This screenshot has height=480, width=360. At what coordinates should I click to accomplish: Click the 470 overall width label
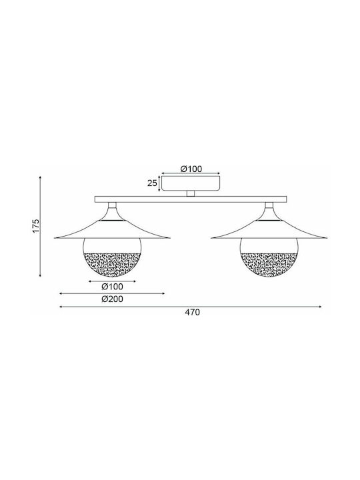coord(192,312)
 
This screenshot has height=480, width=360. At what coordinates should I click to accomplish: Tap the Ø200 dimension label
coord(113,299)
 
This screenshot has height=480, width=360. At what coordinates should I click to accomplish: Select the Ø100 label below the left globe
coord(113,287)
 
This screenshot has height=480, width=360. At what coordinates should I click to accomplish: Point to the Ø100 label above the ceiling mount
coord(191,169)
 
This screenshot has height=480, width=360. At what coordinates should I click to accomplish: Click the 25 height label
coord(152,183)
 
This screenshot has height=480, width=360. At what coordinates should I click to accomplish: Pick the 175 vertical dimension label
coord(36,225)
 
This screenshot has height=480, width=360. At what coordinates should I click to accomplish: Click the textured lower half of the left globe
coord(112,264)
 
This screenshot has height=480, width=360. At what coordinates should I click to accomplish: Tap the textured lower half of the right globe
coord(269,264)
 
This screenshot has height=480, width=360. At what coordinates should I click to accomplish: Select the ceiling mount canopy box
coord(191,183)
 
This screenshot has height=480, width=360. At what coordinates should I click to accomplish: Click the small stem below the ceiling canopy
coord(191,193)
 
